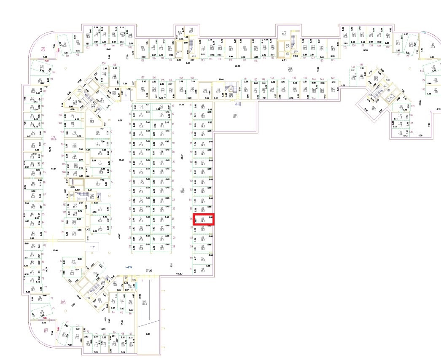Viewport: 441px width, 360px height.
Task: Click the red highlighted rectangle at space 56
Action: point(204,219)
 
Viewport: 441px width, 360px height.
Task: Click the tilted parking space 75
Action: point(42,313)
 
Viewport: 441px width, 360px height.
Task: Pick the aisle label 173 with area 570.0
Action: point(53,138)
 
